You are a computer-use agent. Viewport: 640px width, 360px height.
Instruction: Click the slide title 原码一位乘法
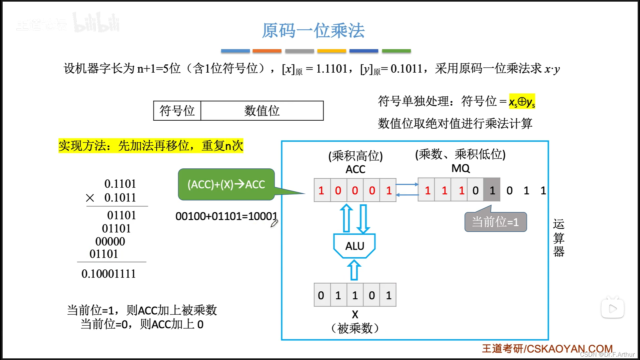(x=313, y=31)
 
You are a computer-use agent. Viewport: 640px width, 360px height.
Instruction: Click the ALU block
(x=354, y=246)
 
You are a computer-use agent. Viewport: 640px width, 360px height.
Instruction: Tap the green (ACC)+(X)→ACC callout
(x=226, y=184)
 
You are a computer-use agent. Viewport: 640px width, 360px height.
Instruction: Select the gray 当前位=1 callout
(x=495, y=222)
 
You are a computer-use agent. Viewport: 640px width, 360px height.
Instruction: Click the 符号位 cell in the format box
(x=177, y=111)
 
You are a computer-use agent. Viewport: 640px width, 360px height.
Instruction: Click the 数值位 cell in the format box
(x=262, y=111)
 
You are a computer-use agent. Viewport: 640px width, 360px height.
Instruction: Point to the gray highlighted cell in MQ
(x=492, y=190)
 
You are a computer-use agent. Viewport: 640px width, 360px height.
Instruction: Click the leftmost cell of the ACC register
(x=322, y=190)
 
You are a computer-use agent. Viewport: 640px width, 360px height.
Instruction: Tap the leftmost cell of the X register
(x=322, y=295)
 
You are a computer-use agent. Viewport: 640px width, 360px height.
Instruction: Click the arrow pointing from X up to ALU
(x=354, y=270)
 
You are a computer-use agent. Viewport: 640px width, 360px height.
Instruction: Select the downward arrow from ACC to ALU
(x=363, y=219)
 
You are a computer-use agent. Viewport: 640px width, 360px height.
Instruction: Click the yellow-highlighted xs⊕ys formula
(x=522, y=101)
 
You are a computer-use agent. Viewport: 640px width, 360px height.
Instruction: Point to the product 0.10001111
(x=109, y=274)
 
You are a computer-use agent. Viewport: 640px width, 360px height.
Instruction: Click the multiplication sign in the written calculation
(x=90, y=198)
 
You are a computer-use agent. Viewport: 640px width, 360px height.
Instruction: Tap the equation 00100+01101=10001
(x=226, y=216)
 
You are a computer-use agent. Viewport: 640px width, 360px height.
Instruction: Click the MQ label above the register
(x=460, y=168)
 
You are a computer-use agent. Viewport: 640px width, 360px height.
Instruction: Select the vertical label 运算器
(x=558, y=237)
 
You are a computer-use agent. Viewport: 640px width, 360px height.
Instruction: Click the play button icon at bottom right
(x=612, y=309)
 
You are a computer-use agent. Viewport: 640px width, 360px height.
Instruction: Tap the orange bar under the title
(x=267, y=51)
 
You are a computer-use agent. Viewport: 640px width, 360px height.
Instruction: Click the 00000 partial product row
(x=110, y=241)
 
